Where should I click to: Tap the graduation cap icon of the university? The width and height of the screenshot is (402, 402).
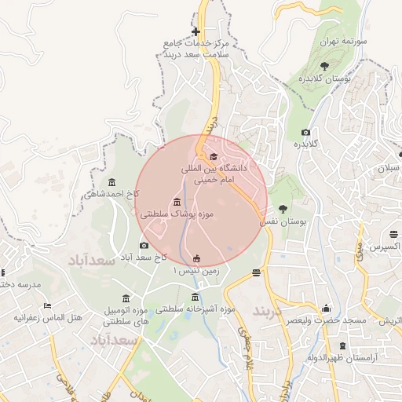click(214, 157)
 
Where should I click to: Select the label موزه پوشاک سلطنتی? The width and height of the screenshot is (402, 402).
click(177, 214)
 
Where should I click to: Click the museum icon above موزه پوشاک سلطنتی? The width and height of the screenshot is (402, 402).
click(177, 202)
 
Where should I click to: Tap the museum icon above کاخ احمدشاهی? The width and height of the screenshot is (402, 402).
click(111, 182)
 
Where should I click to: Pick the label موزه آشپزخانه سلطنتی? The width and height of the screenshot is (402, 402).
click(196, 309)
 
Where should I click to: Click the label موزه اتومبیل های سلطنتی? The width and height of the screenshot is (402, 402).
click(126, 316)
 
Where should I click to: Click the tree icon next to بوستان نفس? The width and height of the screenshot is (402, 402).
click(283, 209)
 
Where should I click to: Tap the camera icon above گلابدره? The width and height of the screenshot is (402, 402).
click(305, 133)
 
